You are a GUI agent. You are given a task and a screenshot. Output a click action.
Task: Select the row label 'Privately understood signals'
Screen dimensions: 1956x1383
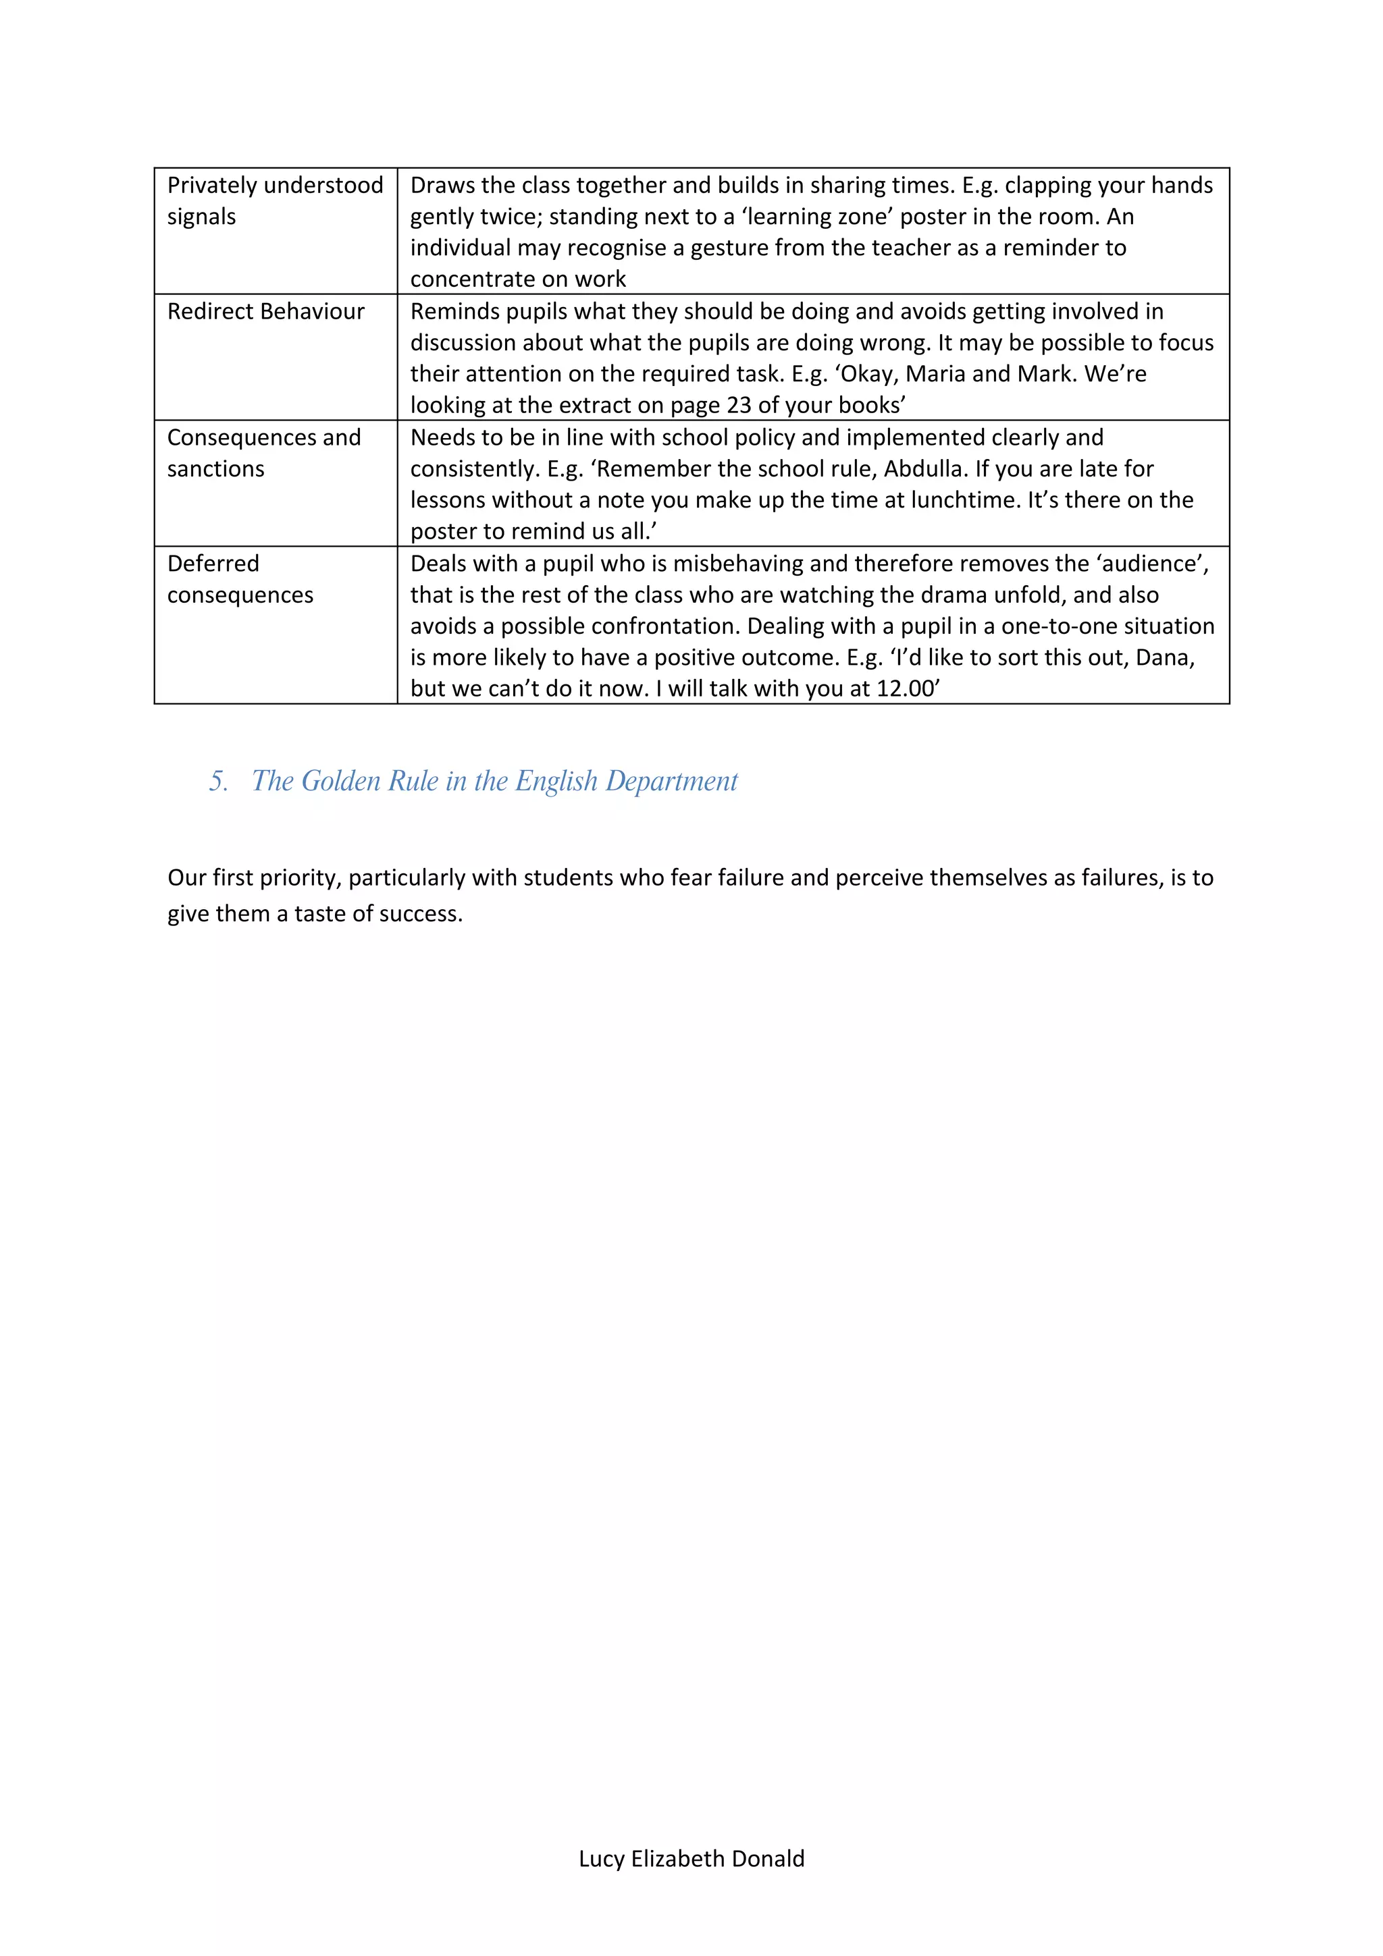tap(274, 200)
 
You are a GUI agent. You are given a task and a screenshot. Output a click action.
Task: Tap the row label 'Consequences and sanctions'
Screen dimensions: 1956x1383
tap(263, 452)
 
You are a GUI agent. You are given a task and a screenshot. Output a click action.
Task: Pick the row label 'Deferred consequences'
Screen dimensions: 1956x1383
tap(240, 579)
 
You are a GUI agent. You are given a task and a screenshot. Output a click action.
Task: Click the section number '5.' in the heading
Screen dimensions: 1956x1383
tap(218, 781)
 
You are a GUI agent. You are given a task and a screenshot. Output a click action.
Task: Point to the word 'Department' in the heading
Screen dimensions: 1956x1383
tap(671, 781)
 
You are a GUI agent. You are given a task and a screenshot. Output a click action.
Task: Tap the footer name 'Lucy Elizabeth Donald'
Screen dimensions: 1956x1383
tap(691, 1858)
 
